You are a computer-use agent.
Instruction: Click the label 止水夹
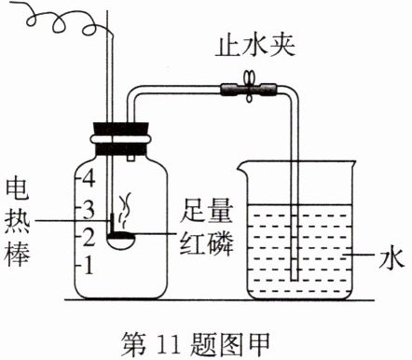(x=255, y=48)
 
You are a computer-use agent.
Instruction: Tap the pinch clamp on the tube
(x=249, y=87)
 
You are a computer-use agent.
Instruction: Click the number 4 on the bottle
(x=89, y=178)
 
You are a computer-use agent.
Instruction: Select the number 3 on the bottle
(x=89, y=210)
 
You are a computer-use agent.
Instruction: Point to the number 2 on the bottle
(x=89, y=237)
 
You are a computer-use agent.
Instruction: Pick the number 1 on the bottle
(x=89, y=266)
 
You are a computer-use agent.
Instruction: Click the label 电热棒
(x=18, y=223)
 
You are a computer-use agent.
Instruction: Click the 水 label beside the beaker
(x=392, y=257)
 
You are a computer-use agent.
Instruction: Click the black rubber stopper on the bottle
(x=120, y=139)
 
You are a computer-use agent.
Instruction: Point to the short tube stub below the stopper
(x=130, y=159)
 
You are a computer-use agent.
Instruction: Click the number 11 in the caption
(x=170, y=345)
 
